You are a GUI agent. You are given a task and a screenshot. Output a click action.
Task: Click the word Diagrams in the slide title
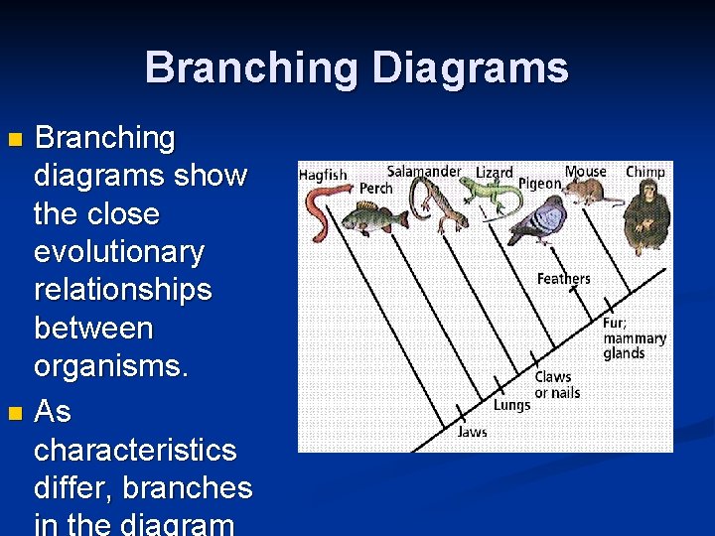[x=470, y=67]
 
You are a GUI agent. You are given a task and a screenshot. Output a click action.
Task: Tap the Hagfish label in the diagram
[x=323, y=175]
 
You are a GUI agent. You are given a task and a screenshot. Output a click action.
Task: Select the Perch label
[x=376, y=188]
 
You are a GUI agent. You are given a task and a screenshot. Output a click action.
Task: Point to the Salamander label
[x=424, y=171]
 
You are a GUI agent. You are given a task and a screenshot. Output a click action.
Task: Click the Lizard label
[x=495, y=173]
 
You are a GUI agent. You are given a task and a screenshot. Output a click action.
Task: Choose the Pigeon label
[x=540, y=184]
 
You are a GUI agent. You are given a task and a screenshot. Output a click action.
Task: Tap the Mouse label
[x=585, y=172]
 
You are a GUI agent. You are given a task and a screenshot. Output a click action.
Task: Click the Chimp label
[x=645, y=172]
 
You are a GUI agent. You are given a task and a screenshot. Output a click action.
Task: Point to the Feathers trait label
[x=563, y=279]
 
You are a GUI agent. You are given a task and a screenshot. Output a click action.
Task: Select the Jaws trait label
[x=472, y=432]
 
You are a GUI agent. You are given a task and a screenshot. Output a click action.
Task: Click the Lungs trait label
[x=511, y=404]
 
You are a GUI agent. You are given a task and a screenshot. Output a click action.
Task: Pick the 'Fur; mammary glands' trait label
[x=635, y=337]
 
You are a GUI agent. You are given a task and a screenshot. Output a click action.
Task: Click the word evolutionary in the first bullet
[x=119, y=252]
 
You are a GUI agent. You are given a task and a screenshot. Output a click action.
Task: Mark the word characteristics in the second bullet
[x=135, y=450]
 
